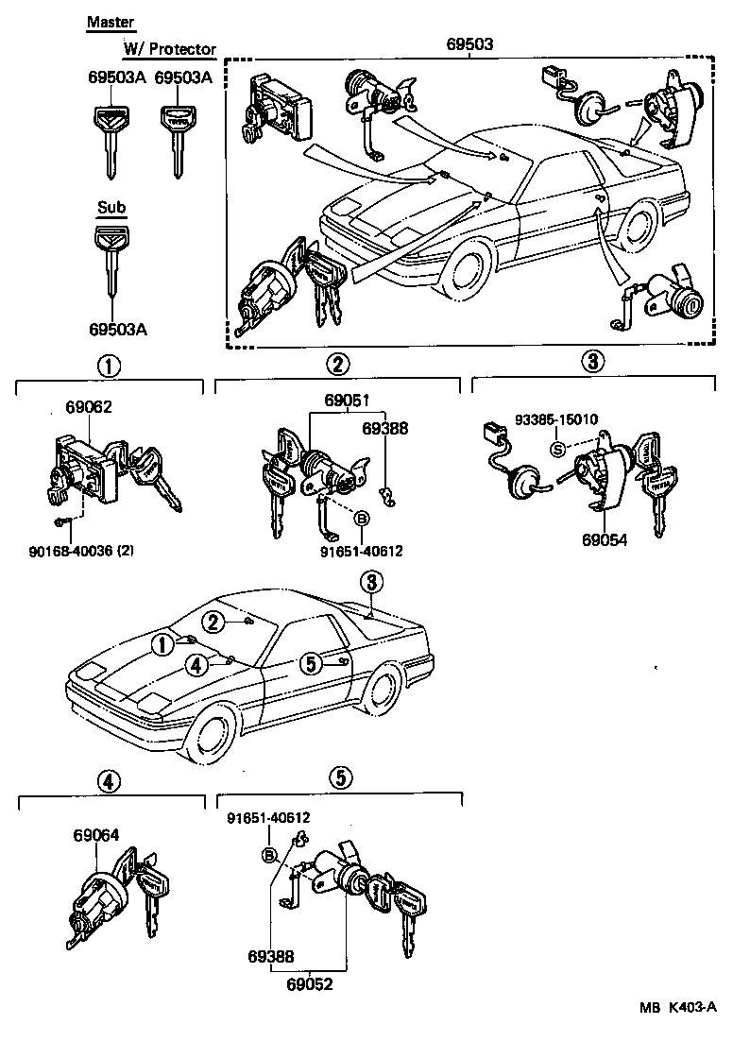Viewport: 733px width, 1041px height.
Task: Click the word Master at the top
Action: [x=110, y=21]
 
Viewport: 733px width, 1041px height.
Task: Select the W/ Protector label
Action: [x=170, y=49]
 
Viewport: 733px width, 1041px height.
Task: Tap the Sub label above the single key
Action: [x=111, y=207]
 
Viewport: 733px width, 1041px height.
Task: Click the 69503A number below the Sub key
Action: [x=117, y=329]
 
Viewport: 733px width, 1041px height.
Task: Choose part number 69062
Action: [x=89, y=407]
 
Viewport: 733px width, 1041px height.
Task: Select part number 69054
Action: [x=605, y=540]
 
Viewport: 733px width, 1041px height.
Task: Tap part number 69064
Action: [x=96, y=835]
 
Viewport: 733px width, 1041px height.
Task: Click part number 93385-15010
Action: [x=556, y=418]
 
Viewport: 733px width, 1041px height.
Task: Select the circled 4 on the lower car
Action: [x=195, y=665]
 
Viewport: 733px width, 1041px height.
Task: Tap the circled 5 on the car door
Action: [x=312, y=664]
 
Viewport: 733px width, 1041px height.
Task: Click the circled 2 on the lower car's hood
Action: [x=214, y=621]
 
